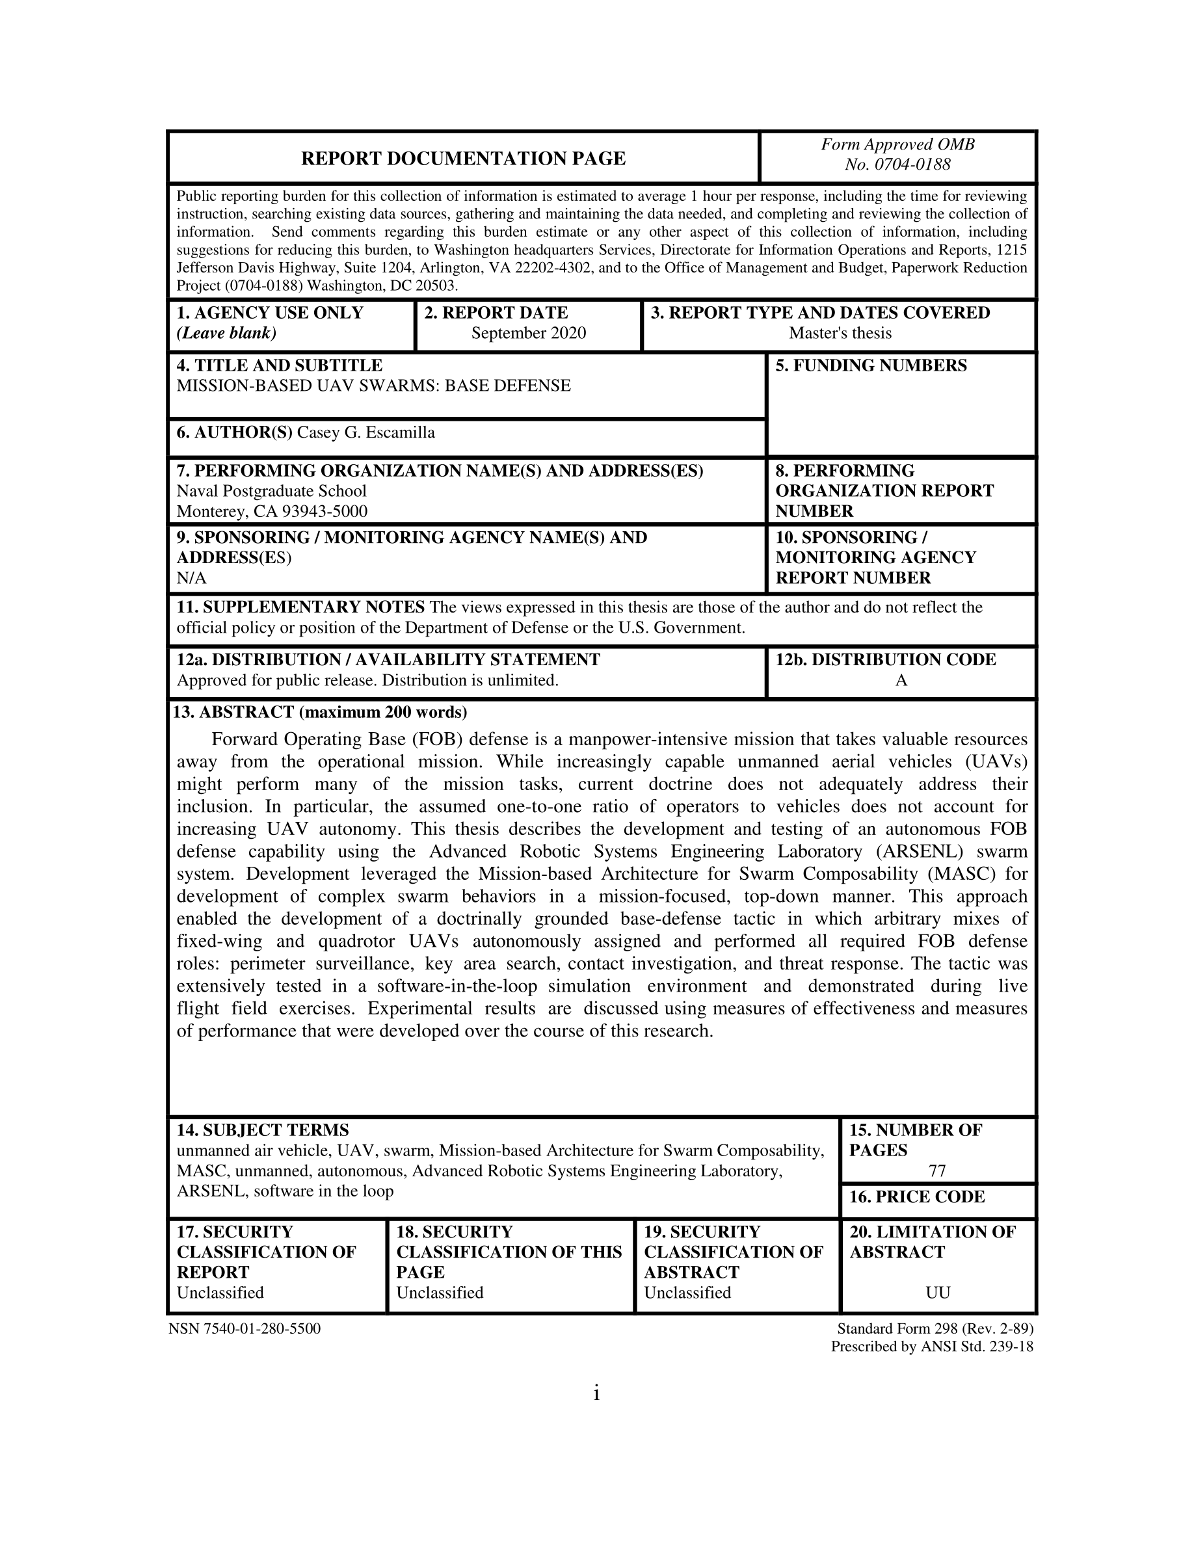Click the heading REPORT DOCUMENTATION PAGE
point(463,159)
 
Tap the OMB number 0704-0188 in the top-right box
point(897,165)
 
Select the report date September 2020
point(528,333)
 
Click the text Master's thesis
point(840,333)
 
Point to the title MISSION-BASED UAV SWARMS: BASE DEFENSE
point(373,386)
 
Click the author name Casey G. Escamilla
point(365,432)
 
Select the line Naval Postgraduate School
point(272,491)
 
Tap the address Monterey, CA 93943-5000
point(272,510)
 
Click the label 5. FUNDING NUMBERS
point(871,365)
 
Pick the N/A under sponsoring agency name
point(191,578)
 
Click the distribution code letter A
point(901,681)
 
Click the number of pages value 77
point(937,1170)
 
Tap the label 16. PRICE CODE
point(917,1197)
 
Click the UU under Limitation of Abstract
point(937,1293)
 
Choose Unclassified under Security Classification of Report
point(220,1293)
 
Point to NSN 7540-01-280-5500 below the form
point(245,1328)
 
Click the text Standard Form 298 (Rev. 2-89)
point(935,1328)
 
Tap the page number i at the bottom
point(596,1393)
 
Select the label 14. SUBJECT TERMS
point(263,1130)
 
